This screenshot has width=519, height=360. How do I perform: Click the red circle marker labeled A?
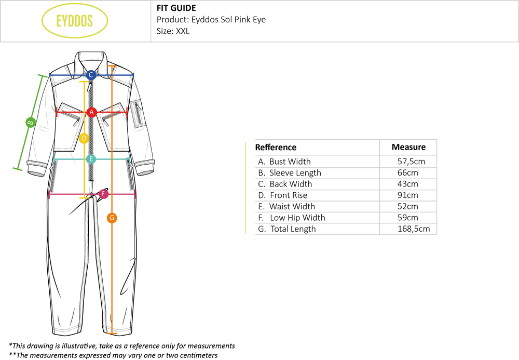click(92, 112)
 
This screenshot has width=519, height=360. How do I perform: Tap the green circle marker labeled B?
click(30, 123)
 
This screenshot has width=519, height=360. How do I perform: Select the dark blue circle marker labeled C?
click(91, 75)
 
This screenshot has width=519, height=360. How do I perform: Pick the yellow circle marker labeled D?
click(84, 138)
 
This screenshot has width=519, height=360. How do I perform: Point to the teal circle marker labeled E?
click(91, 159)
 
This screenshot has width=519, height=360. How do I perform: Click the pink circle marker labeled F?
click(104, 194)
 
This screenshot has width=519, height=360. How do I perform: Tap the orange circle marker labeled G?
click(112, 218)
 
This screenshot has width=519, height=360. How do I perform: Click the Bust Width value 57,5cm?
click(411, 162)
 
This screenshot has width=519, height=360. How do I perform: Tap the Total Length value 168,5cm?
click(413, 229)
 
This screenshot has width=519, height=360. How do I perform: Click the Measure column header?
click(408, 147)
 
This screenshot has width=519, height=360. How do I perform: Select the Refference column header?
click(276, 147)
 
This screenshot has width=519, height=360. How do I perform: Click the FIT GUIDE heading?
click(176, 8)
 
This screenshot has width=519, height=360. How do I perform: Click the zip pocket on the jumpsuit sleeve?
click(138, 113)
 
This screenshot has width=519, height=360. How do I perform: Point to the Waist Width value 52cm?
click(407, 207)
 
